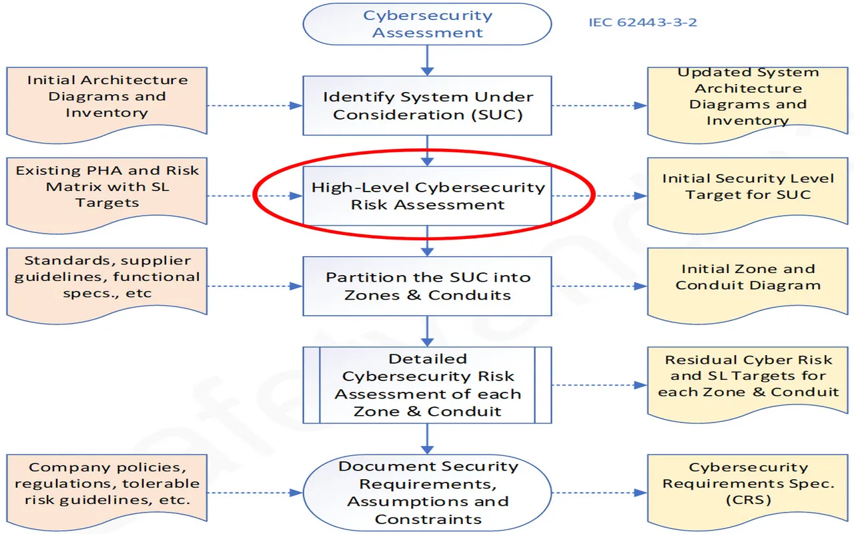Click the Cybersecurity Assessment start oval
point(427,24)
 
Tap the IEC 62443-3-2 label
point(643,22)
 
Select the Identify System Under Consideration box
point(427,105)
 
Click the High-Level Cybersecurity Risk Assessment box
point(427,196)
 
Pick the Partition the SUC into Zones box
point(427,286)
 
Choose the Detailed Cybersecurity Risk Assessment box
point(427,384)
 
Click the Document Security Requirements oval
point(427,493)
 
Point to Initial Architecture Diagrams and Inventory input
point(107,100)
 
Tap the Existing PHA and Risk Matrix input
point(107,188)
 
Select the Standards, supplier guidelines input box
point(107,278)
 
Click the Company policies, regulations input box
point(107,484)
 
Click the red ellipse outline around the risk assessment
point(256,196)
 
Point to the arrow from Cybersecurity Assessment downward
point(427,61)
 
